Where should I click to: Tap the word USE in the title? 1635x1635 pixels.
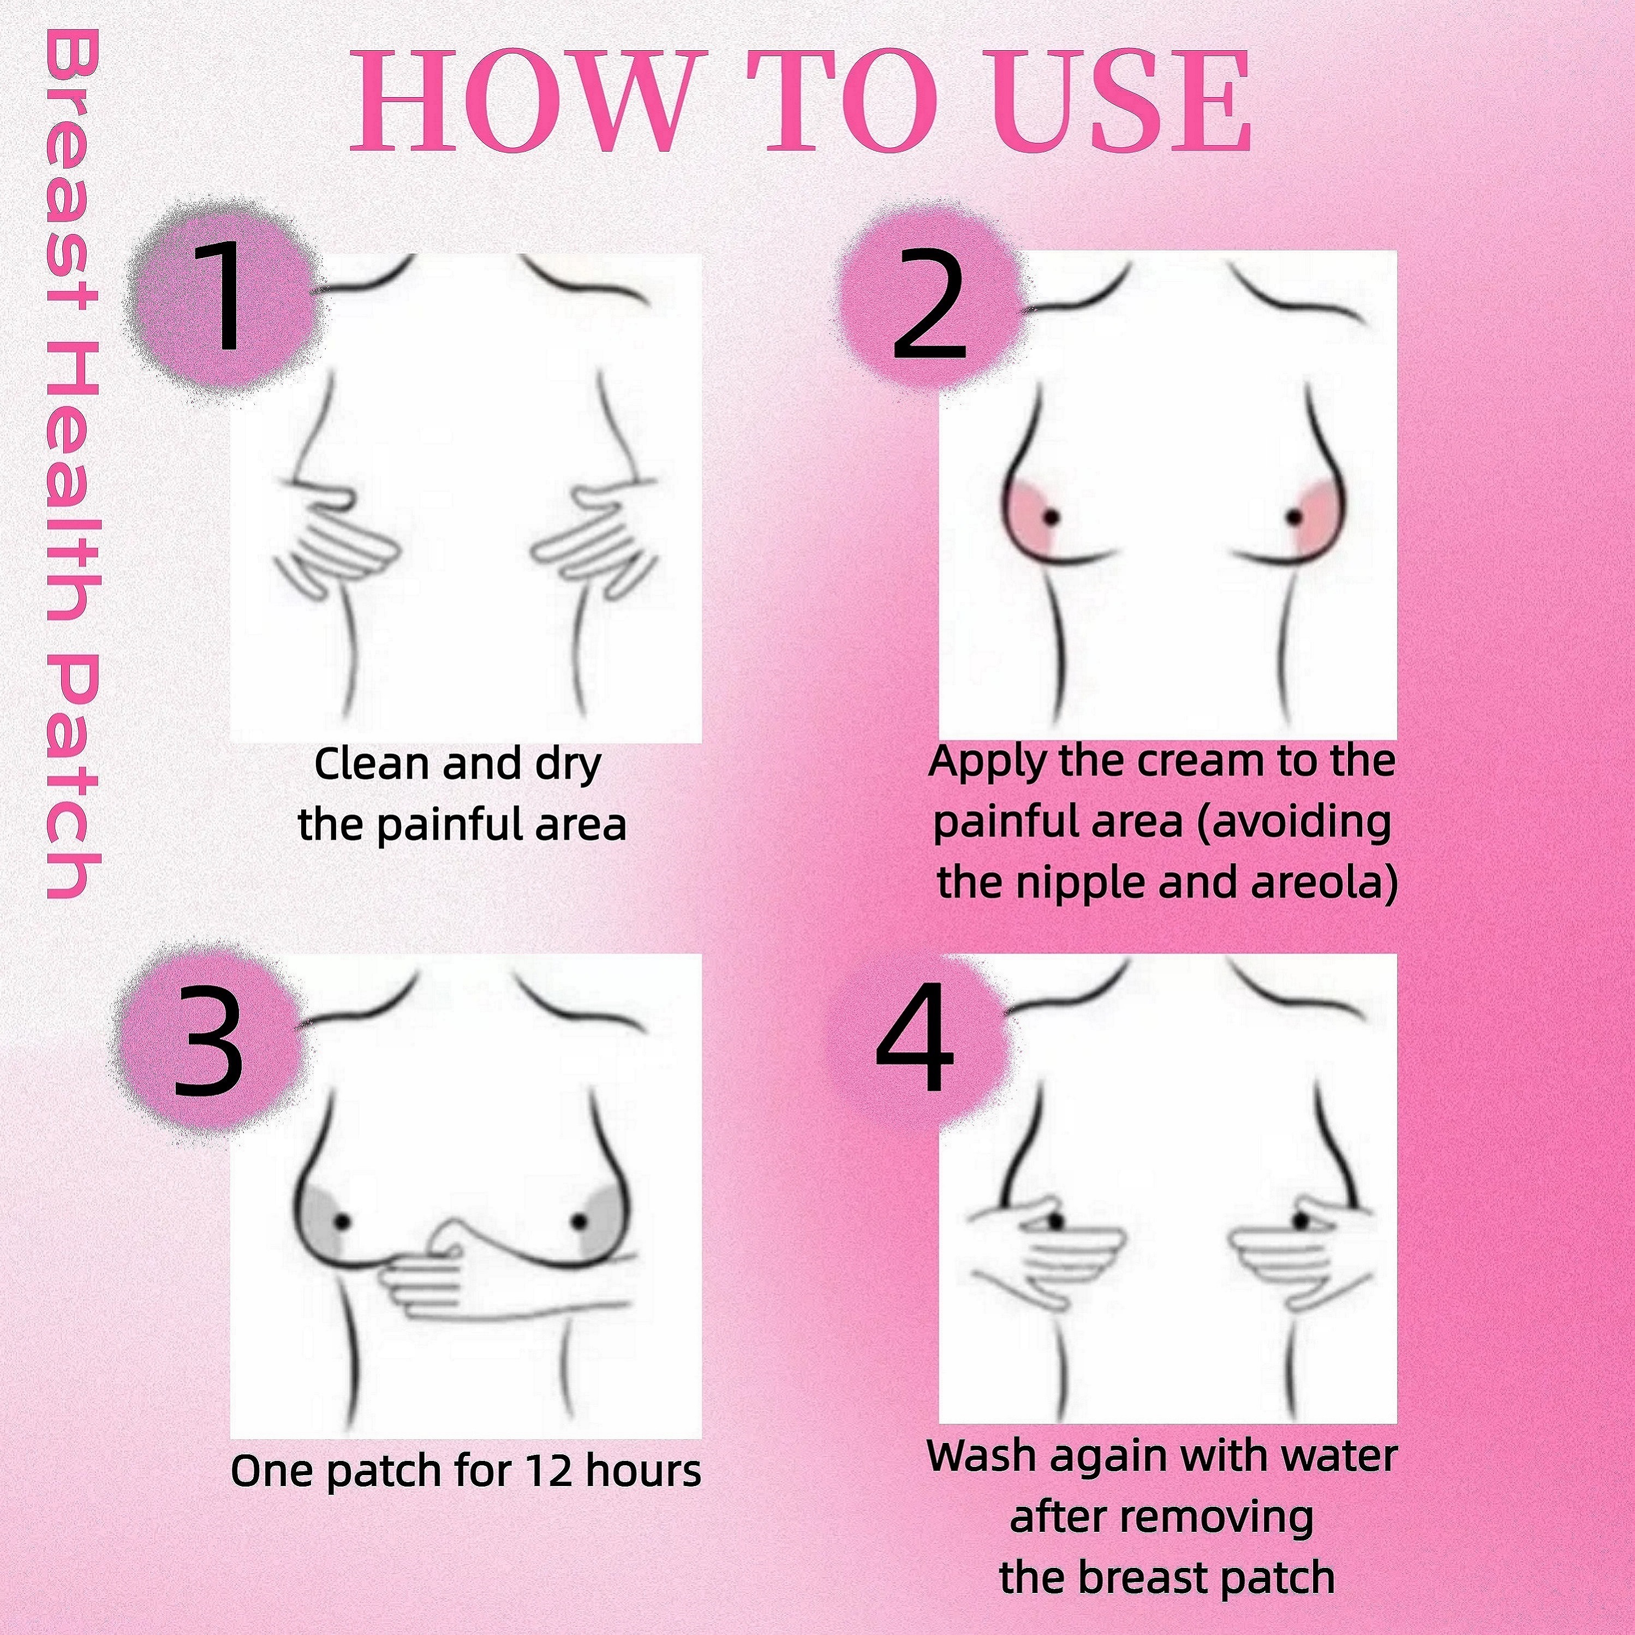(x=1089, y=102)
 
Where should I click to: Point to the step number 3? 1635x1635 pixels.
(x=207, y=1047)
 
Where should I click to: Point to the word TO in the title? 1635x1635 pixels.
(x=821, y=102)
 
